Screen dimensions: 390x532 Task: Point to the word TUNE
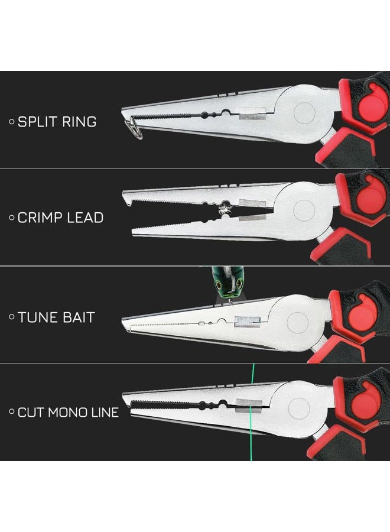(x=34, y=317)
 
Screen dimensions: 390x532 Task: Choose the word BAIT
(x=75, y=317)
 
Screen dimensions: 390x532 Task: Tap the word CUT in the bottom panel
(x=31, y=413)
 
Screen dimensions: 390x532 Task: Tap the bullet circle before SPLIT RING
(x=12, y=122)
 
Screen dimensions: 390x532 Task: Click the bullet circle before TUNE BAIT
(x=12, y=317)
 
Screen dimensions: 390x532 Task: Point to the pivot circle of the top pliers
(x=304, y=113)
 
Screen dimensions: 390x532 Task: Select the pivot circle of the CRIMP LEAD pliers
(x=304, y=210)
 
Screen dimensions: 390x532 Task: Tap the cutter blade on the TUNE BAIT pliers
(x=247, y=322)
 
